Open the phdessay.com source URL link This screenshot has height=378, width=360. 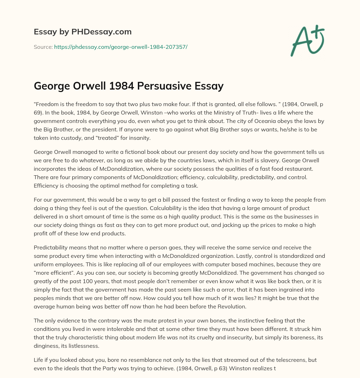coord(121,47)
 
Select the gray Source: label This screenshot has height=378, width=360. coord(43,47)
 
